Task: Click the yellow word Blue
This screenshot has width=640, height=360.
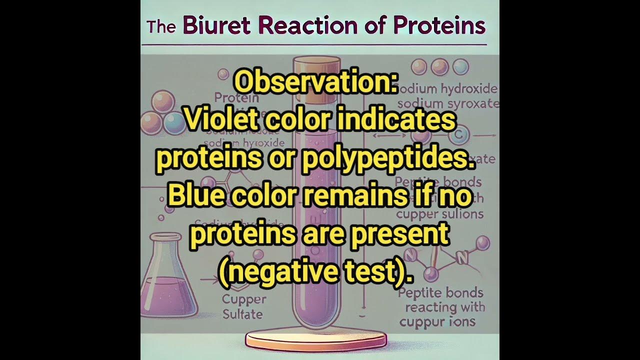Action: [x=196, y=196]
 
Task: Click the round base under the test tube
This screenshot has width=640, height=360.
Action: [x=316, y=341]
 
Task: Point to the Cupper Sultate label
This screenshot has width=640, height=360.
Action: [x=242, y=307]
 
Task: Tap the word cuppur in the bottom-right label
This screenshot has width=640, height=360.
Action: [x=420, y=321]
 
